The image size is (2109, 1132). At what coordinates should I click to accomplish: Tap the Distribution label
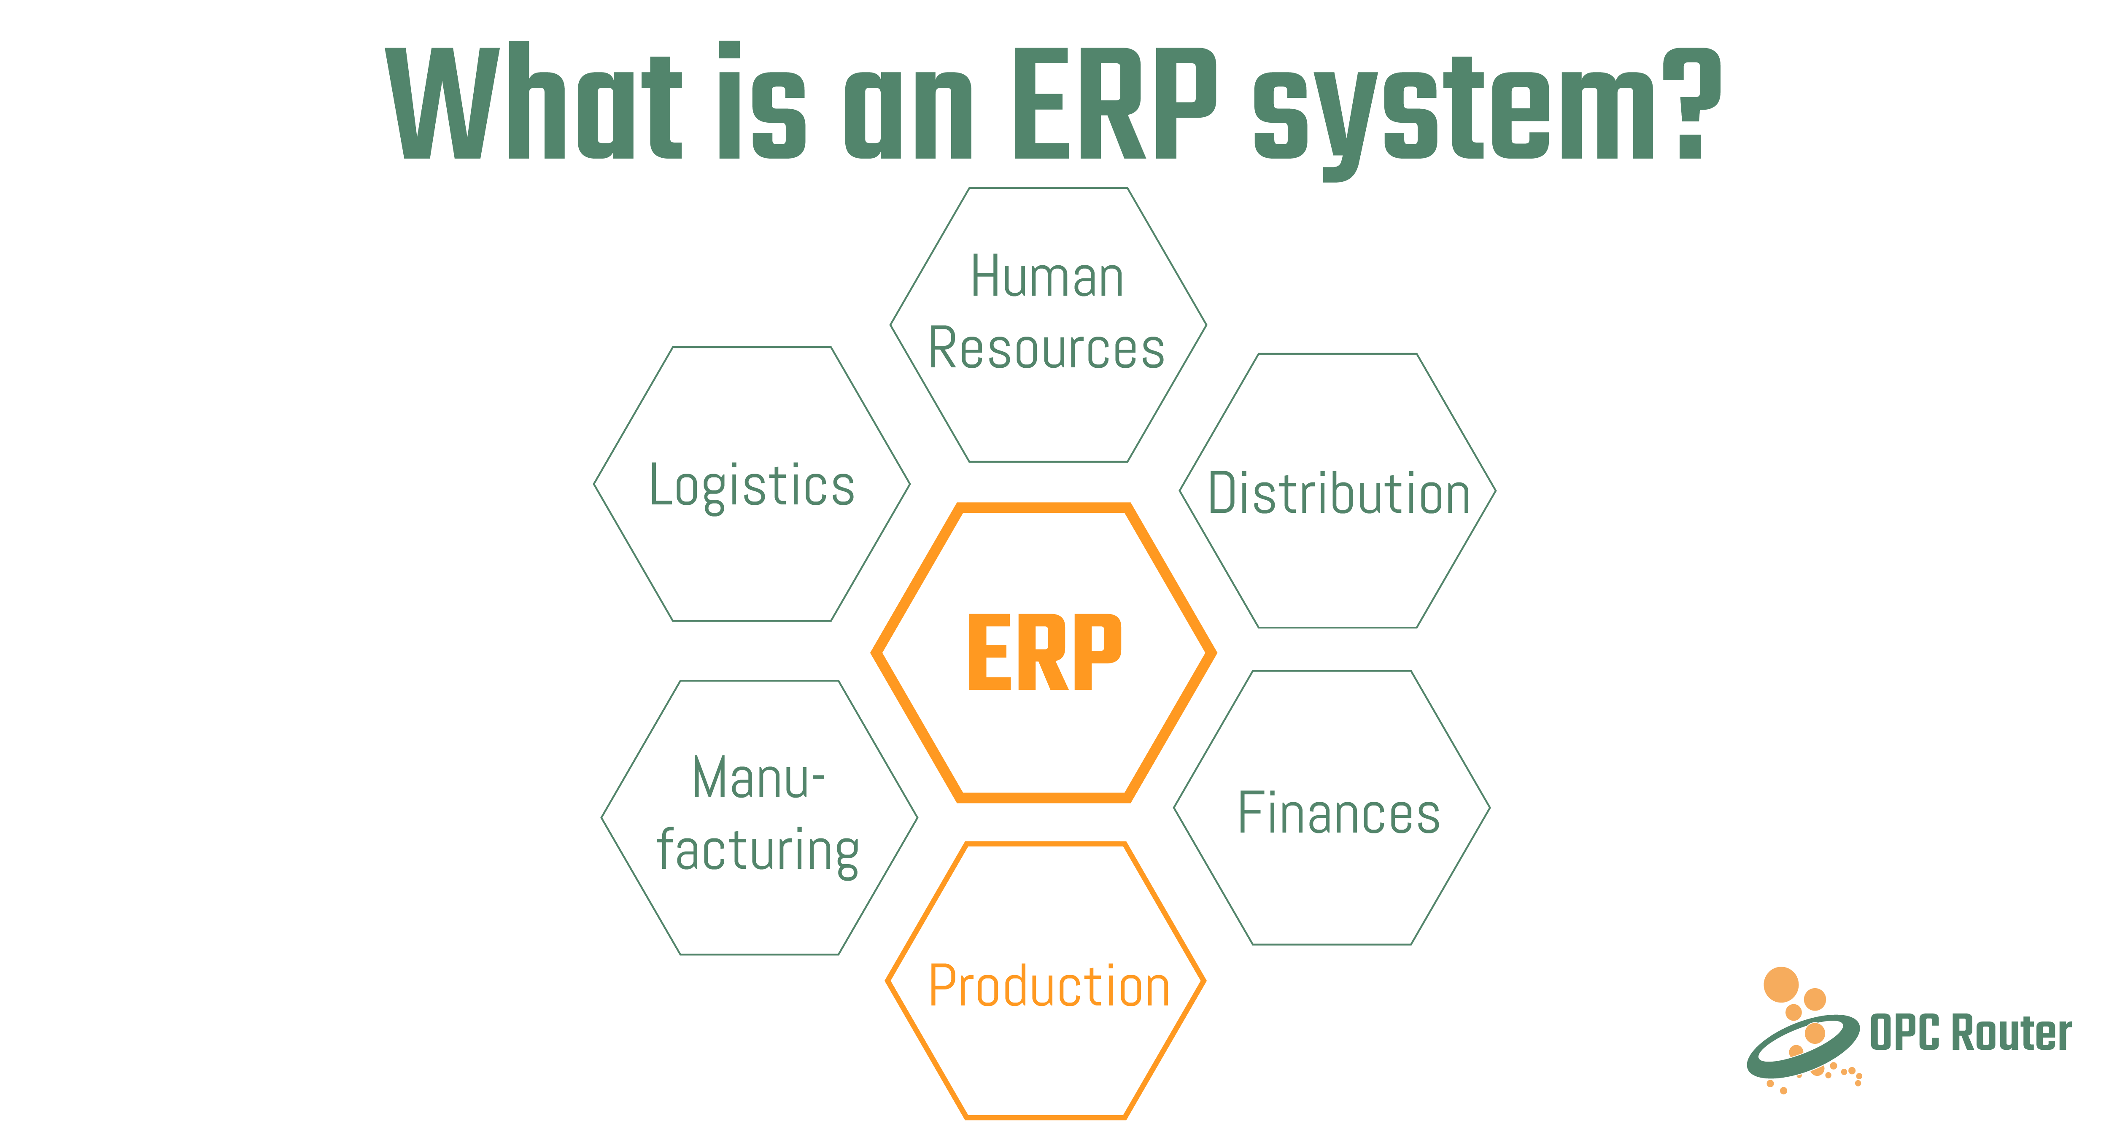(x=1339, y=493)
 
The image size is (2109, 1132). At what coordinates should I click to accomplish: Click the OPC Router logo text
(x=1971, y=1033)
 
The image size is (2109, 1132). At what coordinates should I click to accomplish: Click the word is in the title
(x=761, y=102)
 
